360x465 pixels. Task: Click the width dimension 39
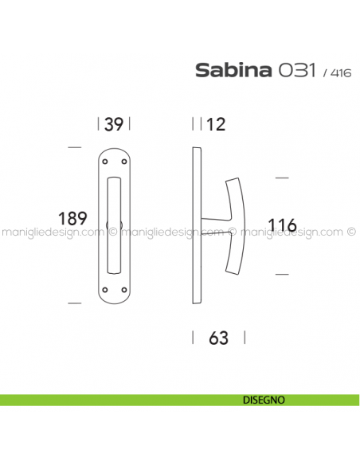coord(113,124)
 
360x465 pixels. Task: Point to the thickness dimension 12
coord(216,124)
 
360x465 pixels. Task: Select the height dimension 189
coord(73,218)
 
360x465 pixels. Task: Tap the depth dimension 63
coord(218,338)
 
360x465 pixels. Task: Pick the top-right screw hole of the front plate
coord(123,165)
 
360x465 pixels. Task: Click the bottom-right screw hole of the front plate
coord(123,287)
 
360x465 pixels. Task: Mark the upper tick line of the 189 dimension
coord(74,148)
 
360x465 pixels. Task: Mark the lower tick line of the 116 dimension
coord(280,274)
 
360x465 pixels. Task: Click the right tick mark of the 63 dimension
coord(244,338)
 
